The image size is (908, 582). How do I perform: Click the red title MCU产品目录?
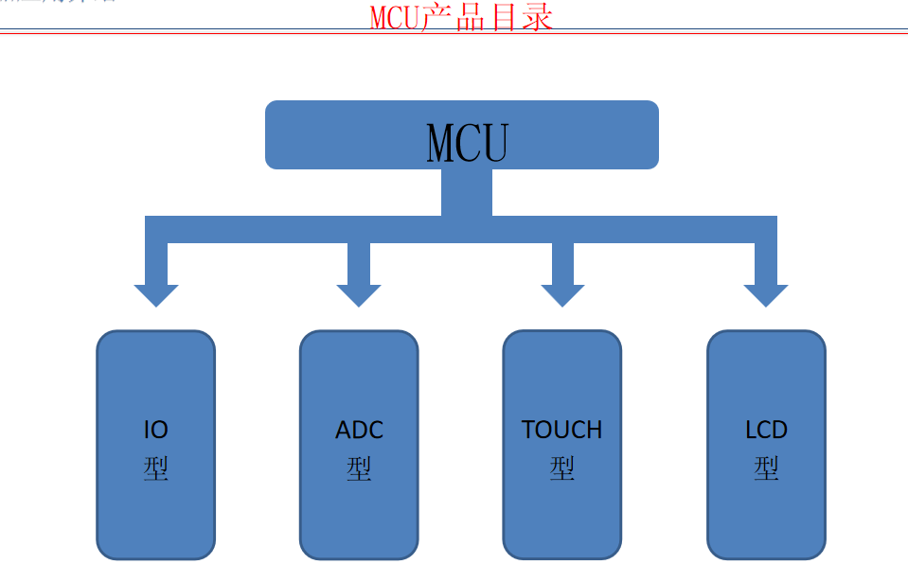point(461,17)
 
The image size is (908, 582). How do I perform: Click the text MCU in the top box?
point(468,144)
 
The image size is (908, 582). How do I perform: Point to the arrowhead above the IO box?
point(156,294)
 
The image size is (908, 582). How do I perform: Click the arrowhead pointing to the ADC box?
point(359,294)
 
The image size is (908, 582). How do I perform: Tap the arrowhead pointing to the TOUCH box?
point(562,294)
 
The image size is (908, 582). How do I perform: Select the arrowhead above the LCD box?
point(766,294)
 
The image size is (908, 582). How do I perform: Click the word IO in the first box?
point(156,430)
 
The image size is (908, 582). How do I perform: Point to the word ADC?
point(359,431)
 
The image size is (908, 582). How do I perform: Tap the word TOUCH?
point(562,430)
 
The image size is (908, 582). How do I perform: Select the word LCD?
point(766,431)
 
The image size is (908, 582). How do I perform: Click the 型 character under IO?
point(156,468)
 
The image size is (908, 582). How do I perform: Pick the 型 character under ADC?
point(359,468)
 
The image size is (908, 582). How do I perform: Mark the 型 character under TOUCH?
point(562,468)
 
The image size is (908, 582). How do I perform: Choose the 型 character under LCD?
point(766,468)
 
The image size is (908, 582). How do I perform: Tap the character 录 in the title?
point(536,17)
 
